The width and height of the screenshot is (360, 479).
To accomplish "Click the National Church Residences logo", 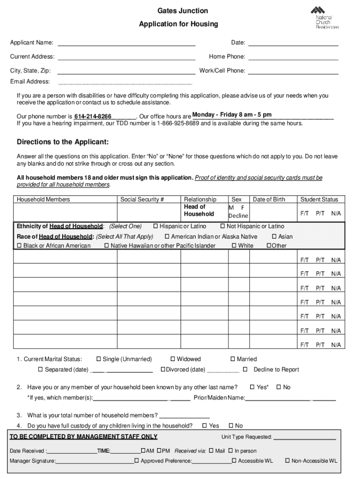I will click(324, 17).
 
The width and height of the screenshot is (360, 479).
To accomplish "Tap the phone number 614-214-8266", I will click(93, 116).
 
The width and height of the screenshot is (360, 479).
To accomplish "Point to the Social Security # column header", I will click(142, 199).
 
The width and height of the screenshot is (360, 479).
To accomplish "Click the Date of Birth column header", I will click(269, 199).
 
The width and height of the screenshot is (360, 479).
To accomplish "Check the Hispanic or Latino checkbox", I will click(156, 226).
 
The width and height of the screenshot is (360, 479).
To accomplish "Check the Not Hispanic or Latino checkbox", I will click(223, 226).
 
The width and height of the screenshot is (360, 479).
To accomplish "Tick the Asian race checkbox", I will click(274, 236).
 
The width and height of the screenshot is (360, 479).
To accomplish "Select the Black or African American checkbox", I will click(20, 246).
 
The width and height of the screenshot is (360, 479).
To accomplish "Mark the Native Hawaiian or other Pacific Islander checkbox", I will click(107, 246).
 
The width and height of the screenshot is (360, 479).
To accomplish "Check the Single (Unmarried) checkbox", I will click(99, 359).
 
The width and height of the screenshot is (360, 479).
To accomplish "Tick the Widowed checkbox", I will click(173, 359).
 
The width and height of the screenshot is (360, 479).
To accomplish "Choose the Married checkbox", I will click(233, 359).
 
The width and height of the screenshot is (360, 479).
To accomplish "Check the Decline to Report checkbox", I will click(245, 370).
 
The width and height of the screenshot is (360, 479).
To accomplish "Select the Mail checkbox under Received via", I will click(211, 451).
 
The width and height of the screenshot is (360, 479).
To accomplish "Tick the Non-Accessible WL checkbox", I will click(287, 461).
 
